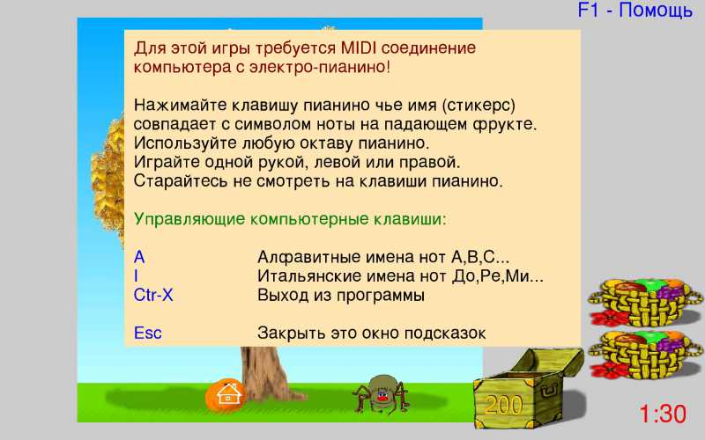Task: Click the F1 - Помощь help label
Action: click(x=634, y=11)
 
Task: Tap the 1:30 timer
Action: click(x=663, y=414)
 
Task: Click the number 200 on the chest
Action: click(x=503, y=405)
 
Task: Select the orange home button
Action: click(x=226, y=395)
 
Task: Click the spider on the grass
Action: click(x=382, y=393)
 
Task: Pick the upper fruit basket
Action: click(x=645, y=301)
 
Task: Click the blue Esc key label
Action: click(x=147, y=334)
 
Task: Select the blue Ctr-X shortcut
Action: click(x=153, y=295)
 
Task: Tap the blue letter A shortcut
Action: click(x=139, y=257)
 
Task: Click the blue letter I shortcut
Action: click(x=136, y=276)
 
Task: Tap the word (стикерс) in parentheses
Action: click(x=479, y=106)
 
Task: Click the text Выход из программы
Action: click(x=341, y=296)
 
